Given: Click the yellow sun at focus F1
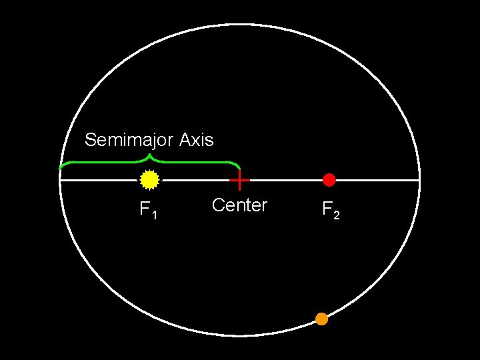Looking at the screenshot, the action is [149, 179].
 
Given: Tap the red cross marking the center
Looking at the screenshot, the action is [239, 180].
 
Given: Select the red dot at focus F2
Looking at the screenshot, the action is [329, 179].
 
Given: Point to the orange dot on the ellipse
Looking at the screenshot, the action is [321, 319].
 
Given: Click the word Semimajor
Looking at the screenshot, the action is [129, 140].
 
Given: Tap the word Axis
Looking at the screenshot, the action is [197, 140].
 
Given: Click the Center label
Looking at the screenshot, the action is [239, 205].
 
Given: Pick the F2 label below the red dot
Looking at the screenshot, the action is [331, 210].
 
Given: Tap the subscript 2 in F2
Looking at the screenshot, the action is [337, 214].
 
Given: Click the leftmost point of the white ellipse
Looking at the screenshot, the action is [60, 180].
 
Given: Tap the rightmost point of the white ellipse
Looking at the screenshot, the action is [420, 180].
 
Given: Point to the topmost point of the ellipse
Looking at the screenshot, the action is [240, 25].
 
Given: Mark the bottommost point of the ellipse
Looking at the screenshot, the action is [240, 335].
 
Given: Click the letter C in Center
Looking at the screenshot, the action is [217, 205].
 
